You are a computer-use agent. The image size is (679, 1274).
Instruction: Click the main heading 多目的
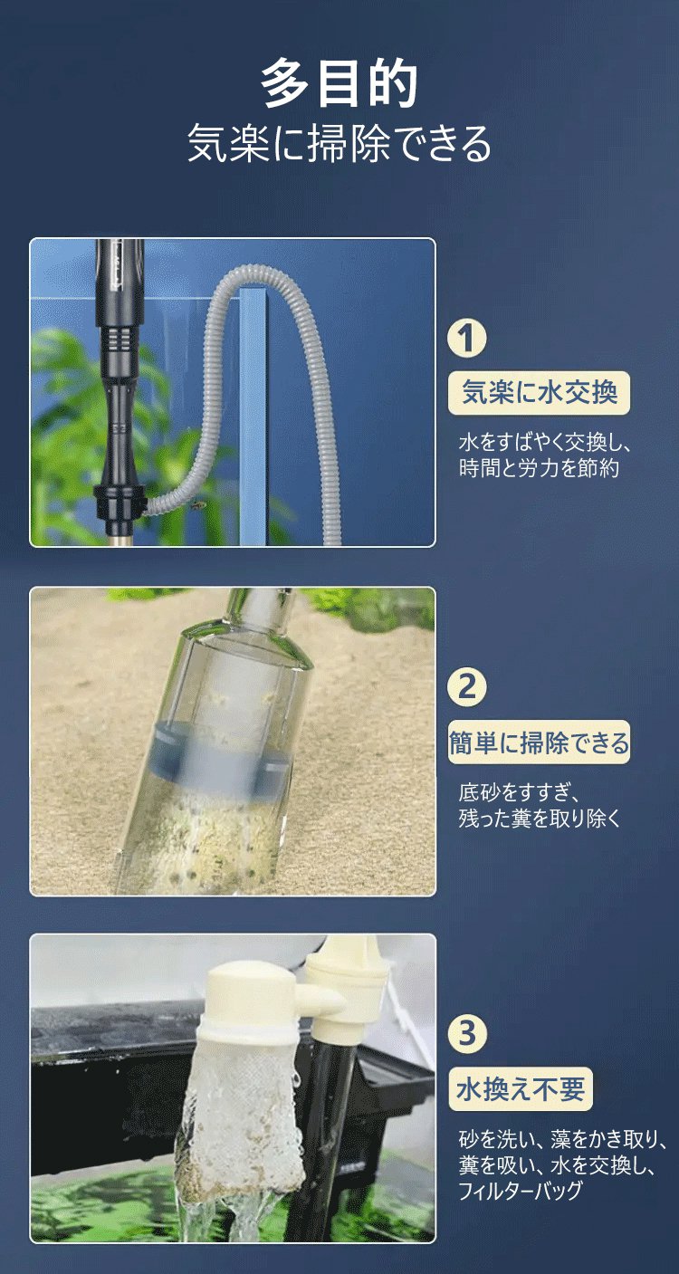click(x=339, y=83)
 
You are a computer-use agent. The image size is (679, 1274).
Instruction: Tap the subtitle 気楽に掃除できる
click(x=339, y=143)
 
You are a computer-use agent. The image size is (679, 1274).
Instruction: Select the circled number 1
click(x=466, y=339)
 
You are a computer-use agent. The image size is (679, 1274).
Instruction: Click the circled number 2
click(x=466, y=687)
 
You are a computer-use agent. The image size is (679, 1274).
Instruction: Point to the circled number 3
click(x=466, y=1034)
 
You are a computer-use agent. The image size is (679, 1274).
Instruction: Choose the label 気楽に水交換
click(x=539, y=392)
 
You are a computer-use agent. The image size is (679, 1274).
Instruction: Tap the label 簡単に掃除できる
click(x=539, y=742)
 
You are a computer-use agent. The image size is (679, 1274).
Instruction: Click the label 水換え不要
click(x=521, y=1089)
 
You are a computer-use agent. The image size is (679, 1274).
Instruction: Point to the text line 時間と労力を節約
click(x=539, y=468)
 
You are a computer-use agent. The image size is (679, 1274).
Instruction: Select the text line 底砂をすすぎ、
click(x=519, y=792)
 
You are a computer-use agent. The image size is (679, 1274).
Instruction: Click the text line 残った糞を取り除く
click(x=540, y=819)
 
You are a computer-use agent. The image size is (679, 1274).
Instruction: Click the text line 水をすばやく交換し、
click(x=545, y=443)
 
